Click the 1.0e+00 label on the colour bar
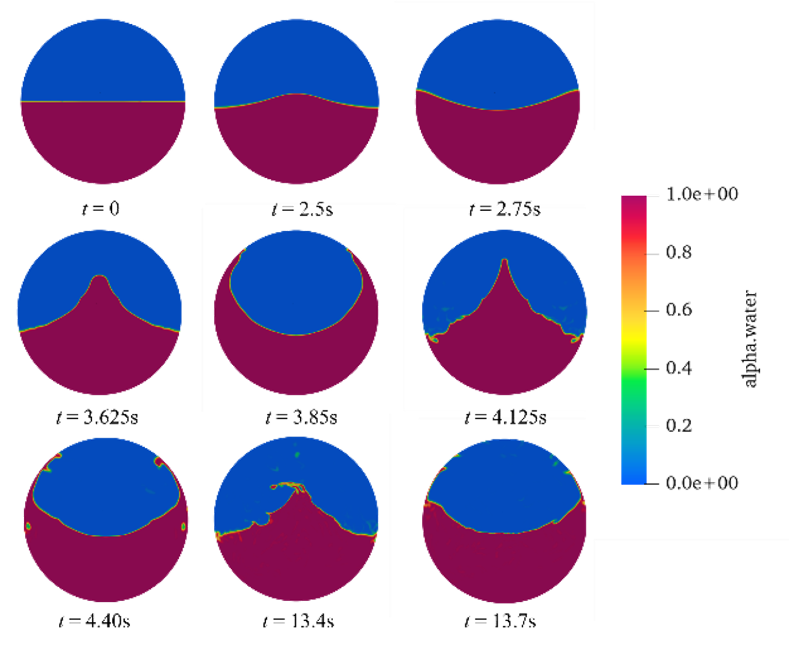(x=703, y=194)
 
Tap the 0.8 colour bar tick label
(x=678, y=252)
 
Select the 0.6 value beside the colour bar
(x=678, y=310)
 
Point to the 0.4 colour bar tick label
(x=678, y=368)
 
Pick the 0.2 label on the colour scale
(x=678, y=426)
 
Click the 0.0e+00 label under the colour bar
(x=702, y=482)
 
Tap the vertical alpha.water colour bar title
(x=751, y=339)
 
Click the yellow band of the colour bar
(x=633, y=340)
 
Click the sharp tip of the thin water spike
(x=504, y=261)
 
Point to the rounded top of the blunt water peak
(x=99, y=277)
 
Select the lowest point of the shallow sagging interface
(x=498, y=110)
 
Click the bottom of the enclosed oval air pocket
(x=296, y=335)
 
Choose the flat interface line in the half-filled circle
(x=103, y=102)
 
